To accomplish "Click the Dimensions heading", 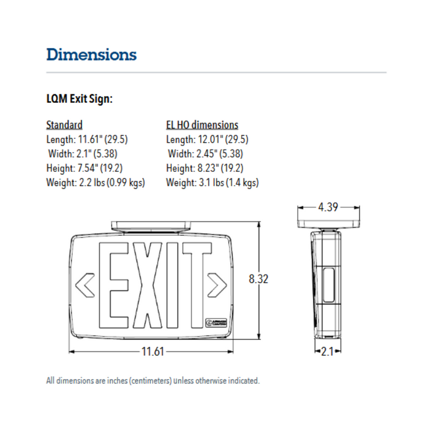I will click(x=91, y=54).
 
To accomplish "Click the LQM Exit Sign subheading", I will click(x=79, y=99).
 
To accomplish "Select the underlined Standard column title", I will click(x=64, y=125).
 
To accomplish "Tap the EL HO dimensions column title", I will click(x=202, y=125).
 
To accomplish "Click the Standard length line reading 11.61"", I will click(x=87, y=139).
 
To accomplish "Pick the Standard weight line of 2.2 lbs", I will click(x=95, y=182).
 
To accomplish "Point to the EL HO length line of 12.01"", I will click(x=207, y=139).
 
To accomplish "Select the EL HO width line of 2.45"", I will click(x=205, y=154).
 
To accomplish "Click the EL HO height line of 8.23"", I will click(x=204, y=168).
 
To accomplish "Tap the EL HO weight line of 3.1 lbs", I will click(x=212, y=182).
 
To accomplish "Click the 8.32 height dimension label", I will click(x=259, y=279).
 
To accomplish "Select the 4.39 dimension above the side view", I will click(x=328, y=207).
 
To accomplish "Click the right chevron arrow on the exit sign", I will click(x=216, y=284).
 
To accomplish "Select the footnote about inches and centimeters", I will click(x=153, y=381).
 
